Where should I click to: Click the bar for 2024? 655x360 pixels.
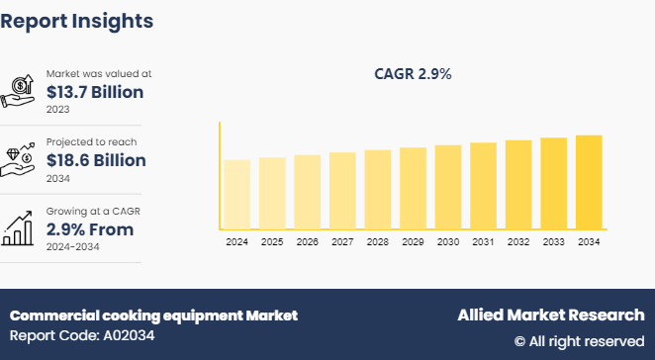237,194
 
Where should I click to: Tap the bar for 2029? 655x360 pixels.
413,188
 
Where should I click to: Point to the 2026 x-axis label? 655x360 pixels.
308,241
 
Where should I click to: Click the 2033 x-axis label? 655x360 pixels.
553,241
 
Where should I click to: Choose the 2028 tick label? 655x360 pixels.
378,241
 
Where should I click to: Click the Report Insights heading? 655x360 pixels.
77,20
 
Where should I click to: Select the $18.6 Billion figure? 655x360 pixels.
97,160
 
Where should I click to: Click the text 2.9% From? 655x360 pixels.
90,229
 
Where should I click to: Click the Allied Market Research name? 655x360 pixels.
550,315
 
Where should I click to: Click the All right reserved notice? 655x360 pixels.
579,341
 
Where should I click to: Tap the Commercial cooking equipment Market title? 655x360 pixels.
153,315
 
